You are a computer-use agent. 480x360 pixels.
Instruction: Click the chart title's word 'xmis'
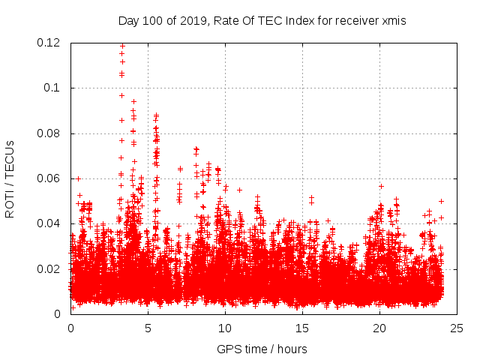pyautogui.click(x=392, y=21)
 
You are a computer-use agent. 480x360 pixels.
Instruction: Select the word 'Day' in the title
pyautogui.click(x=129, y=21)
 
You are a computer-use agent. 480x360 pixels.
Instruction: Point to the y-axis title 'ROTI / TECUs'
pyautogui.click(x=10, y=178)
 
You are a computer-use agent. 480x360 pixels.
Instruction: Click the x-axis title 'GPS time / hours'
pyautogui.click(x=262, y=349)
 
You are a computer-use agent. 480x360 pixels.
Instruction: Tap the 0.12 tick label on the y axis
pyautogui.click(x=50, y=43)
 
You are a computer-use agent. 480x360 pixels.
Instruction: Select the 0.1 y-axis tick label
pyautogui.click(x=54, y=88)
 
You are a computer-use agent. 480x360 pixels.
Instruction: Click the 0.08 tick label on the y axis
pyautogui.click(x=50, y=133)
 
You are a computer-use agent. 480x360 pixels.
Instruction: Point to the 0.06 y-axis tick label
pyautogui.click(x=50, y=178)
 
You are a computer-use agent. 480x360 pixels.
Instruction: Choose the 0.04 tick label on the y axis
pyautogui.click(x=50, y=223)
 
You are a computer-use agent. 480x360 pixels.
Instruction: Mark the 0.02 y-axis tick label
pyautogui.click(x=50, y=268)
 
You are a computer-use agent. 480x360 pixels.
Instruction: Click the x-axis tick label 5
pyautogui.click(x=148, y=328)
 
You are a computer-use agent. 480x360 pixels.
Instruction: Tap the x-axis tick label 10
pyautogui.click(x=225, y=328)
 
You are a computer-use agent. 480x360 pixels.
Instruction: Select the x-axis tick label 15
pyautogui.click(x=302, y=328)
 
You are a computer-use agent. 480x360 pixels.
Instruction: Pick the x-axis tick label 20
pyautogui.click(x=379, y=328)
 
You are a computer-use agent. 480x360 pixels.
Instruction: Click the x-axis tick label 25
pyautogui.click(x=457, y=328)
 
